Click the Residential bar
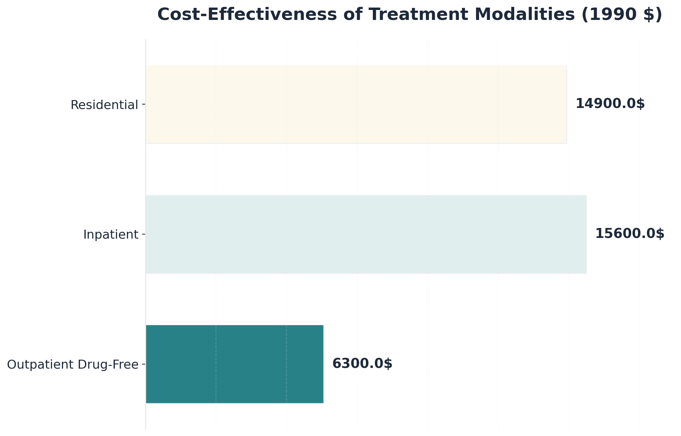pyautogui.click(x=356, y=105)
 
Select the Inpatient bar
pyautogui.click(x=366, y=235)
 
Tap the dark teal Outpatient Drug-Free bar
pyautogui.click(x=235, y=364)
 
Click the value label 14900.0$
pyautogui.click(x=610, y=104)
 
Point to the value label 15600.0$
pyautogui.click(x=630, y=234)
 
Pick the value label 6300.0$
pyautogui.click(x=362, y=364)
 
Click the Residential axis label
pyautogui.click(x=104, y=105)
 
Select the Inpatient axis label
pyautogui.click(x=111, y=235)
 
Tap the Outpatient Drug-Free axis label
pyautogui.click(x=73, y=364)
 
